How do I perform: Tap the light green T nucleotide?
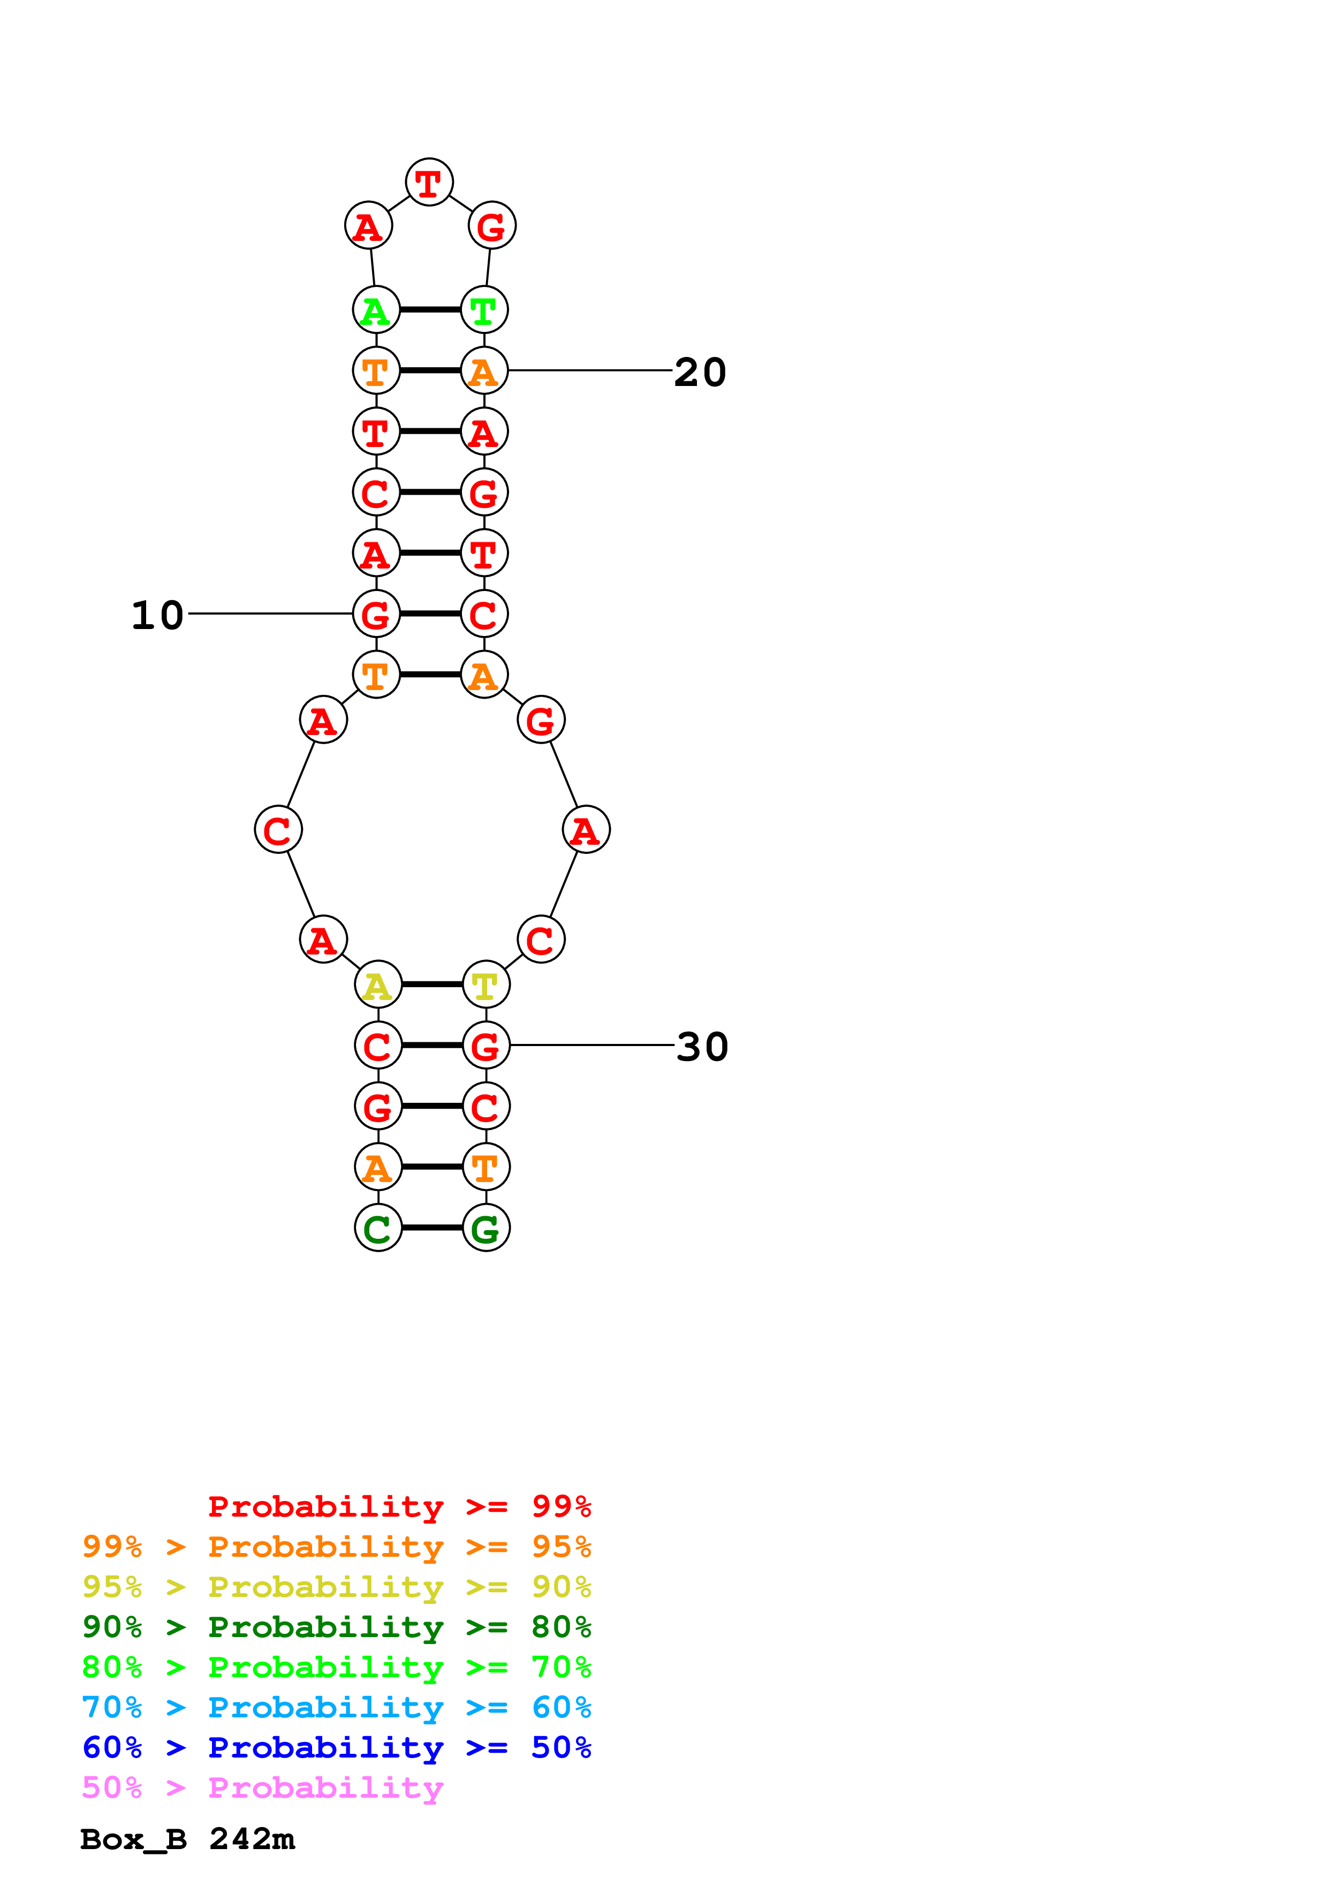[484, 310]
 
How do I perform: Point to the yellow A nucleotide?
[378, 985]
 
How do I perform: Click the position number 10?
[158, 615]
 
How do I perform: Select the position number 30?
[702, 1047]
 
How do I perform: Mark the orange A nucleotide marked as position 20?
[484, 370]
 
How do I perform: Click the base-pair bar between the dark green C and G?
[431, 1228]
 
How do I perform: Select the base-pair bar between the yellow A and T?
[431, 984]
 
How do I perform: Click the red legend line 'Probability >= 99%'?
[399, 1506]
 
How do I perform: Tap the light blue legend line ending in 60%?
[336, 1707]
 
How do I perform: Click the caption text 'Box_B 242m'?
[187, 1839]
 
